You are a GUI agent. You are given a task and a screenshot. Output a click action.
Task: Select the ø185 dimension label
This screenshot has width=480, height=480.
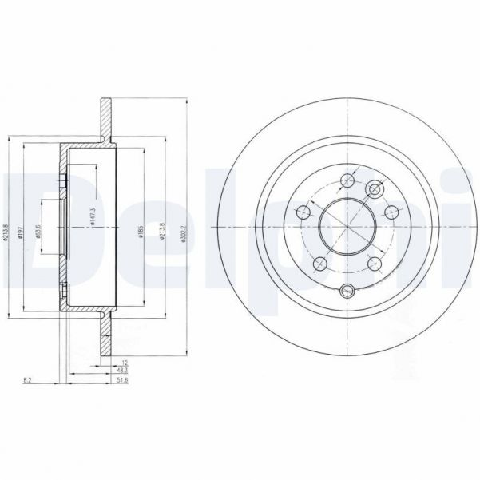click(x=141, y=232)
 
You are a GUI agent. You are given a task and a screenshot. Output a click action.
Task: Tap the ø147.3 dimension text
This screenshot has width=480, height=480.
click(x=94, y=216)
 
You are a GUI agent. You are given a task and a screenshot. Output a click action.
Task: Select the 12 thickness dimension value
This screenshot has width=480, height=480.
click(x=125, y=362)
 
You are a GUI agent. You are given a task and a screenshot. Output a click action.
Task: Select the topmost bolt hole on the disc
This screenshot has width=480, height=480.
click(x=347, y=180)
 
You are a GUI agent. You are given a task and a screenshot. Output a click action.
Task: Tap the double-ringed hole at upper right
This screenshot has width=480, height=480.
click(x=377, y=189)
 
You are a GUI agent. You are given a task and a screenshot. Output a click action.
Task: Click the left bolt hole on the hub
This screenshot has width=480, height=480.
click(x=303, y=212)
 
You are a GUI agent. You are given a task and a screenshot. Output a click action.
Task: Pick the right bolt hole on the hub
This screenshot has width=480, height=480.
click(x=391, y=212)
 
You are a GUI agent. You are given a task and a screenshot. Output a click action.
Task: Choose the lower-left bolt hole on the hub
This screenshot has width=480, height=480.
click(x=319, y=262)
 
